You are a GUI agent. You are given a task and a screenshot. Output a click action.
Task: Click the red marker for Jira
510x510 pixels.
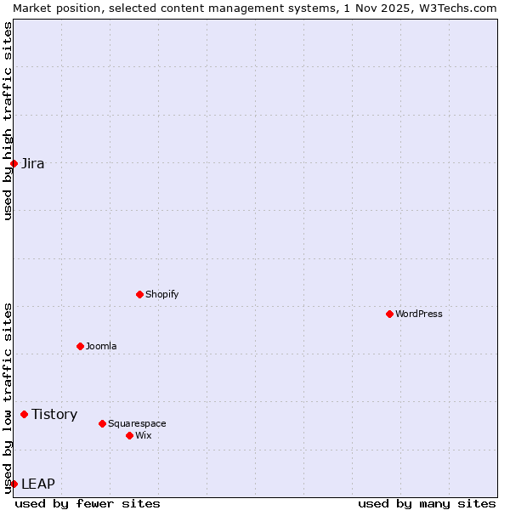pyautogui.click(x=14, y=163)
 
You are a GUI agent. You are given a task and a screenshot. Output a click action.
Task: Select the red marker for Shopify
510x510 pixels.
pyautogui.click(x=139, y=294)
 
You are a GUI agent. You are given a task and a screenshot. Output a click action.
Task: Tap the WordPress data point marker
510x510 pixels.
pyautogui.click(x=389, y=314)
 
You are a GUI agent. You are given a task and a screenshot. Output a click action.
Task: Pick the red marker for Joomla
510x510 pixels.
pyautogui.click(x=80, y=346)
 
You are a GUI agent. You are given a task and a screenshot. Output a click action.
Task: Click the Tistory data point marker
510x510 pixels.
pyautogui.click(x=24, y=414)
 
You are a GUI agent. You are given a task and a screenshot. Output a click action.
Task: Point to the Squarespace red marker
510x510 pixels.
pyautogui.click(x=102, y=423)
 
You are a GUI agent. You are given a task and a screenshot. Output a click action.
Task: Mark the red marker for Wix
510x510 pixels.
pyautogui.click(x=129, y=435)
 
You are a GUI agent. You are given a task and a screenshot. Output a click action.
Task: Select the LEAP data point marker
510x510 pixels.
pyautogui.click(x=14, y=484)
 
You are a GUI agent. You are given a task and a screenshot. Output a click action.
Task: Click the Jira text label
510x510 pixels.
pyautogui.click(x=33, y=163)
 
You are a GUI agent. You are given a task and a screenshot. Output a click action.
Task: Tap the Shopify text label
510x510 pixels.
pyautogui.click(x=161, y=294)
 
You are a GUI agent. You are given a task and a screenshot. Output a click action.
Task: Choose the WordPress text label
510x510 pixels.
pyautogui.click(x=419, y=314)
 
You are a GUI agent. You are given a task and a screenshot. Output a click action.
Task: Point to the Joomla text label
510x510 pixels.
pyautogui.click(x=101, y=346)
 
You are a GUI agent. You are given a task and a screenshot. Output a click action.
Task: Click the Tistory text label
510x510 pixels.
pyautogui.click(x=54, y=414)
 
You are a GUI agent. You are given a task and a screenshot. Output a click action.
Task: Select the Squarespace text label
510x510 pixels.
pyautogui.click(x=137, y=423)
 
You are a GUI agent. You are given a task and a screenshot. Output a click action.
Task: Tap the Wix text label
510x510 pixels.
pyautogui.click(x=144, y=435)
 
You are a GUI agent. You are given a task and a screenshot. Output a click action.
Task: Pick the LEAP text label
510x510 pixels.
pyautogui.click(x=38, y=484)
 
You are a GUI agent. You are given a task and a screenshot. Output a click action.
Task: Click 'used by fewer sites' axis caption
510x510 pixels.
pyautogui.click(x=88, y=503)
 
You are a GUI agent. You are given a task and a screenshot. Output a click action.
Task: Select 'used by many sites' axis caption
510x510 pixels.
pyautogui.click(x=427, y=503)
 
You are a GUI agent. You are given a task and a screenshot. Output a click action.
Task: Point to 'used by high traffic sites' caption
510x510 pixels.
pyautogui.click(x=8, y=121)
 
